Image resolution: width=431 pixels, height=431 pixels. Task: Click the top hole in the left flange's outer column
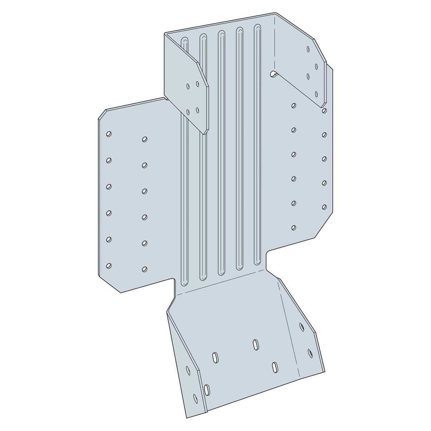(x=109, y=134)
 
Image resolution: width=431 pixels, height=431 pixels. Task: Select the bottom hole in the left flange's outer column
(x=109, y=266)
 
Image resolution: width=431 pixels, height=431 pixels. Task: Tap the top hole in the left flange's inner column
(x=144, y=139)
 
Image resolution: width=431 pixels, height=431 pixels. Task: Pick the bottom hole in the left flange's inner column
(x=144, y=269)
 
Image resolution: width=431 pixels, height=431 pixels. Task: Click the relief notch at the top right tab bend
(x=273, y=74)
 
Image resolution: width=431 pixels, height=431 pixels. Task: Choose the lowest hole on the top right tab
(x=316, y=94)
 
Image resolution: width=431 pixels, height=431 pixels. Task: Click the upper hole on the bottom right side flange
(x=302, y=326)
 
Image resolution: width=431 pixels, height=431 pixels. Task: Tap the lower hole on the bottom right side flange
(x=309, y=352)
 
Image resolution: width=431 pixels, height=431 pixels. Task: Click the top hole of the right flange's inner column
(x=293, y=105)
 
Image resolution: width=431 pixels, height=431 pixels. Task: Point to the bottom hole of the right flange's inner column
(x=294, y=227)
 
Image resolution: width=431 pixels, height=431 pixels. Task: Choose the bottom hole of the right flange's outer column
(x=324, y=207)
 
